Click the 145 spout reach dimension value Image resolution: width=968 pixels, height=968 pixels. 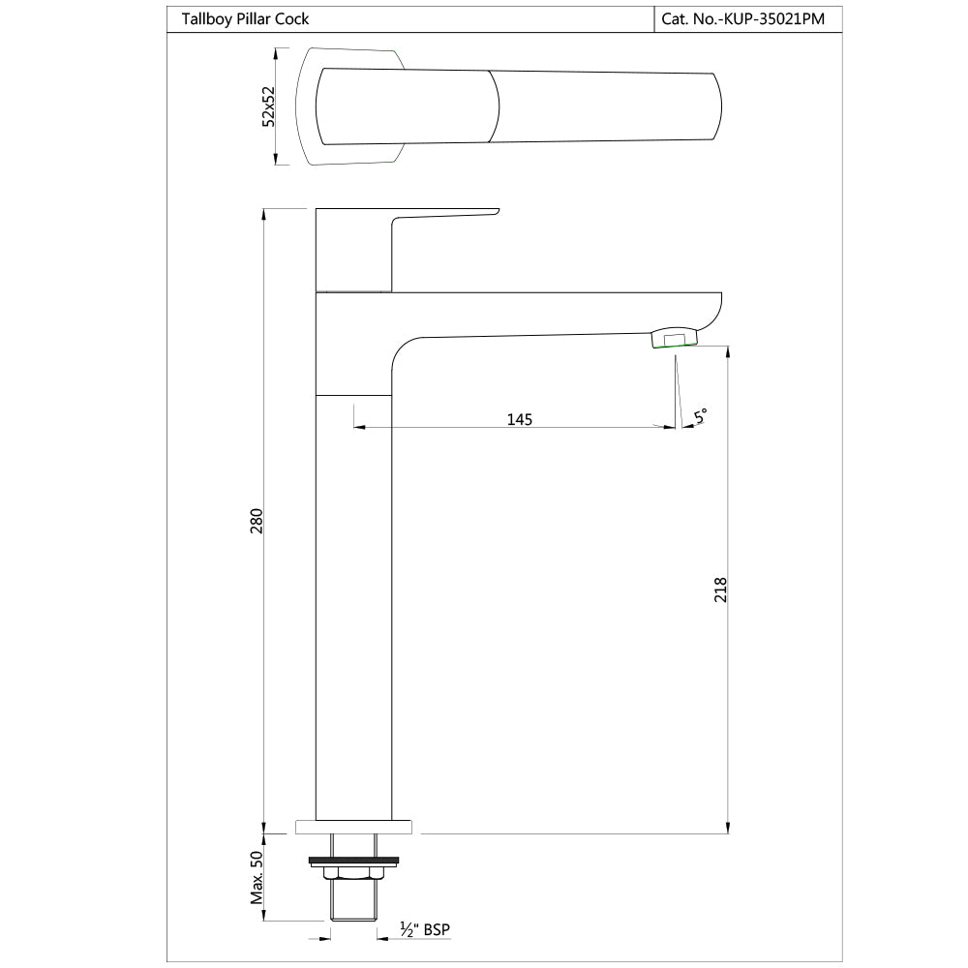pyautogui.click(x=520, y=419)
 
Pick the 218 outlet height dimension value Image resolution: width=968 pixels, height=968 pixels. pyautogui.click(x=719, y=590)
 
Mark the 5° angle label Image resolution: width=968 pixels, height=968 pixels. pyautogui.click(x=701, y=416)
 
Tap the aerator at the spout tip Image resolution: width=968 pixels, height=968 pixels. pyautogui.click(x=675, y=338)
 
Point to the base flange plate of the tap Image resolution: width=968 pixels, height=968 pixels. pyautogui.click(x=354, y=827)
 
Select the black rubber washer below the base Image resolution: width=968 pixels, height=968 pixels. pyautogui.click(x=353, y=859)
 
